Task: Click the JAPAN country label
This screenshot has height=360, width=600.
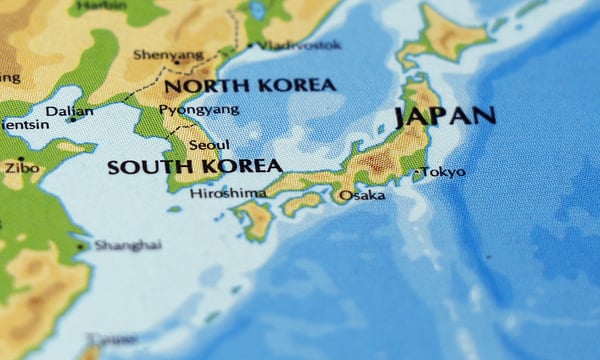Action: pyautogui.click(x=445, y=115)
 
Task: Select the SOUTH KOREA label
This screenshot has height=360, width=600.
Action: pyautogui.click(x=194, y=166)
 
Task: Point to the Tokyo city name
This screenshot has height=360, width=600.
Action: pyautogui.click(x=443, y=172)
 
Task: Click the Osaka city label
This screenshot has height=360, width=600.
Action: pyautogui.click(x=361, y=195)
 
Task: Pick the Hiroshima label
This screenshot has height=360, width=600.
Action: pyautogui.click(x=228, y=193)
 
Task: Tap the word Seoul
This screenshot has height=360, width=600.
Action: pyautogui.click(x=208, y=145)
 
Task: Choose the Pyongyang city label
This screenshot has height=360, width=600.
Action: pyautogui.click(x=199, y=109)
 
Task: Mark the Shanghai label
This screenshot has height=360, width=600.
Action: pyautogui.click(x=128, y=245)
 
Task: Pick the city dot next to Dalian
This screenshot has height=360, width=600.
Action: pyautogui.click(x=72, y=119)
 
